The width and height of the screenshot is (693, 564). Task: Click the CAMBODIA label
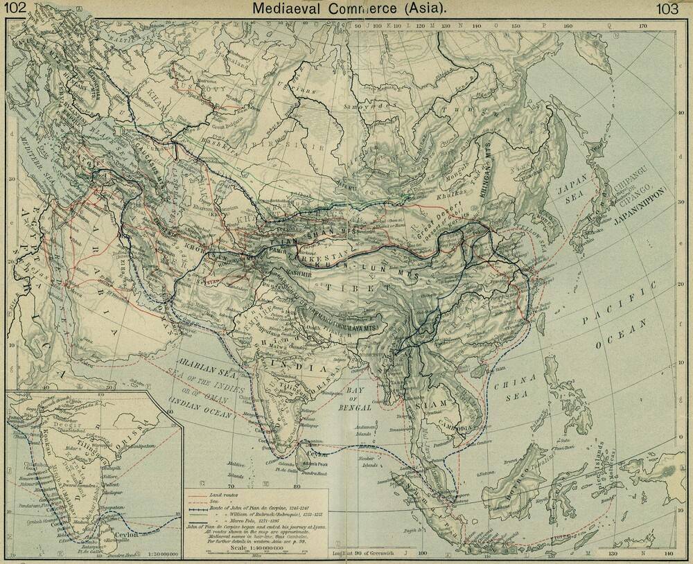pyautogui.click(x=459, y=428)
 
